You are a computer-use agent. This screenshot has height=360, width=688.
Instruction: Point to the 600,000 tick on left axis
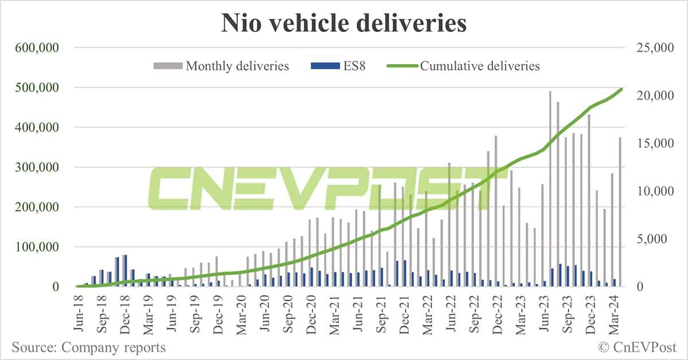40,48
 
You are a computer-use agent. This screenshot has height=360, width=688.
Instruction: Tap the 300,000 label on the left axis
40,167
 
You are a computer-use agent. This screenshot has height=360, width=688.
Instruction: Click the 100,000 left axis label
40,247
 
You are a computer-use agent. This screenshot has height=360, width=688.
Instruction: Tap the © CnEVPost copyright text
637,347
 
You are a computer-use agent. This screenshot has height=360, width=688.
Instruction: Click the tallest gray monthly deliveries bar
550,189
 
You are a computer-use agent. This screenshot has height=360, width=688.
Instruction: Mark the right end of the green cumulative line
622,89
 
